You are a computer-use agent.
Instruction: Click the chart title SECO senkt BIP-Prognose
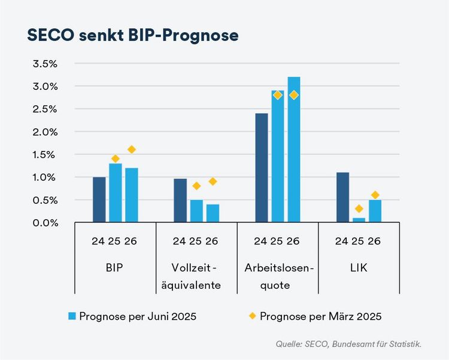pos(133,35)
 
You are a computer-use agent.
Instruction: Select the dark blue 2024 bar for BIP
pos(99,199)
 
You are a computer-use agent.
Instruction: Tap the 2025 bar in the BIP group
pos(116,193)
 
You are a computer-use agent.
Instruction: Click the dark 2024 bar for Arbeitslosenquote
pos(261,168)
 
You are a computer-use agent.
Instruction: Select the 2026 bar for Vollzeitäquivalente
pos(213,213)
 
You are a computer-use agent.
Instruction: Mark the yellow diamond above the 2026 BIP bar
pos(132,149)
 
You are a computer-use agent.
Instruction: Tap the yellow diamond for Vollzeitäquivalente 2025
pos(196,186)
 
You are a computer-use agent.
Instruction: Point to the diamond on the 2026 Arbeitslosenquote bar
pos(293,95)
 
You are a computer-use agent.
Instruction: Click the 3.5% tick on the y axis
pos(45,63)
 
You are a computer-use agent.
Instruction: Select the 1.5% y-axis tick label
pos(45,155)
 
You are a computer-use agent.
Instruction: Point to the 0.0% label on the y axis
pos(45,223)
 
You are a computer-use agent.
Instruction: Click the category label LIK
pos(358,268)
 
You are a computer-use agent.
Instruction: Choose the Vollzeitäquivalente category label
pos(196,276)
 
